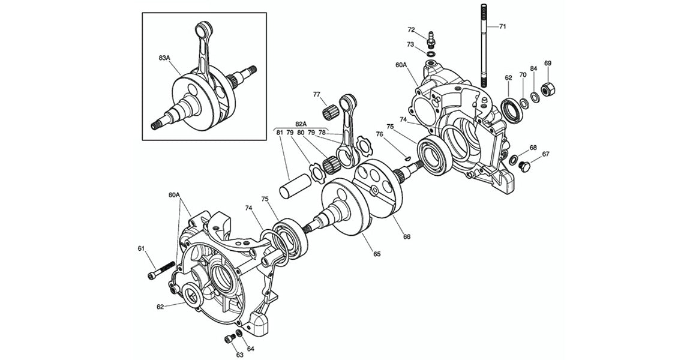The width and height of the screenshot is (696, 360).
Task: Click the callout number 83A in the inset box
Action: (164, 58)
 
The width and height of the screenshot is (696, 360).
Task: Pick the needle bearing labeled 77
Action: (329, 112)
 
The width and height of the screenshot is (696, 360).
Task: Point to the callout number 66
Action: (407, 236)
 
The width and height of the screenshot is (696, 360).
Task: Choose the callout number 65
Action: (377, 254)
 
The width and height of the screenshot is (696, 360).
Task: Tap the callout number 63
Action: (239, 355)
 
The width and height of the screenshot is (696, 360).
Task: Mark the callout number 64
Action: (250, 349)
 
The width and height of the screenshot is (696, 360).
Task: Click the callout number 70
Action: (523, 75)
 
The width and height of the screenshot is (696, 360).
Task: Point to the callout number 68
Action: (533, 147)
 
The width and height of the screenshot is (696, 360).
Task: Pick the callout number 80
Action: (300, 132)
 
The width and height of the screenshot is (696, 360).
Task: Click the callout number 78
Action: (322, 132)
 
